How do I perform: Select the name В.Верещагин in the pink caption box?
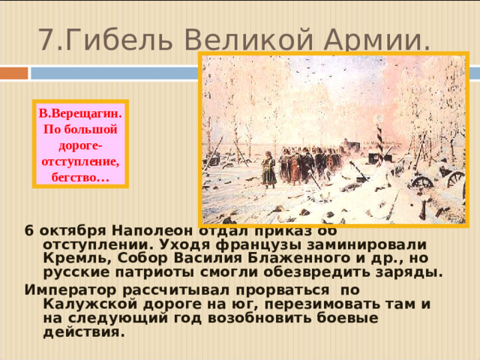(x=81, y=113)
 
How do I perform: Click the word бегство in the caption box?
(x=78, y=178)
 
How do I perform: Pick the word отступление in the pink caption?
(x=81, y=161)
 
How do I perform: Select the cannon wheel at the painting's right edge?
(x=454, y=178)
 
